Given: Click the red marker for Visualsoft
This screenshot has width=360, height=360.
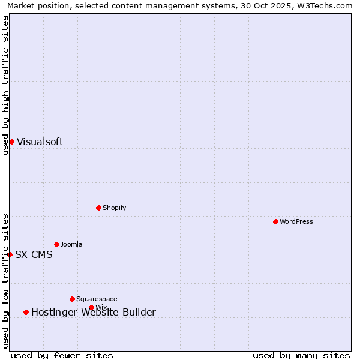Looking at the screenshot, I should point(11,142).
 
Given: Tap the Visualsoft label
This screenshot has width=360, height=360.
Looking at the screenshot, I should point(40,142).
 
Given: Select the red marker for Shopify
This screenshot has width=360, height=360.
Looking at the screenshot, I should point(98,208).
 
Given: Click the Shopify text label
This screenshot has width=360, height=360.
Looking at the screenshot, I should point(114,208).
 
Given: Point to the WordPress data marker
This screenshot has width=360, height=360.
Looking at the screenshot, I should point(275,221).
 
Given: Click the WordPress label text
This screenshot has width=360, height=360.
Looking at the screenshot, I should point(296,221).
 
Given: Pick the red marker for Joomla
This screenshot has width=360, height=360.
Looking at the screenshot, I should point(56,244).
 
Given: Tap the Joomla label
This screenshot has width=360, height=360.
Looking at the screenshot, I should point(71,244).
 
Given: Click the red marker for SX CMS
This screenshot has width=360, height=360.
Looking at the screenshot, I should point(10,254).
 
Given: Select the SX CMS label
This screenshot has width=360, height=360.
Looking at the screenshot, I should point(34,255).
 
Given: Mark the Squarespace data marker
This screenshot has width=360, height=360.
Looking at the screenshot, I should point(72,299).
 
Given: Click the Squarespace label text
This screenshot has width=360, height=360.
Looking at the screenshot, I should point(97,299).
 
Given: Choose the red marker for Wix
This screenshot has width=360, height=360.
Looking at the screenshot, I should point(91,307).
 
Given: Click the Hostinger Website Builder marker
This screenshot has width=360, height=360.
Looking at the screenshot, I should point(26,312).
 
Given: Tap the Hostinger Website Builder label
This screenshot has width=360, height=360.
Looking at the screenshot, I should point(93,313).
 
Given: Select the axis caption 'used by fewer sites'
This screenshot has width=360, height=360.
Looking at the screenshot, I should point(62,355).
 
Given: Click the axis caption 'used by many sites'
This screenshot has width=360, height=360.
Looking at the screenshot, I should point(301,355).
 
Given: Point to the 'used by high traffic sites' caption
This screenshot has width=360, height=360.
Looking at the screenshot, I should point(5,85).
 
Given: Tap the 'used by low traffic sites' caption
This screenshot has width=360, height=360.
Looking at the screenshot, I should point(5,281).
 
